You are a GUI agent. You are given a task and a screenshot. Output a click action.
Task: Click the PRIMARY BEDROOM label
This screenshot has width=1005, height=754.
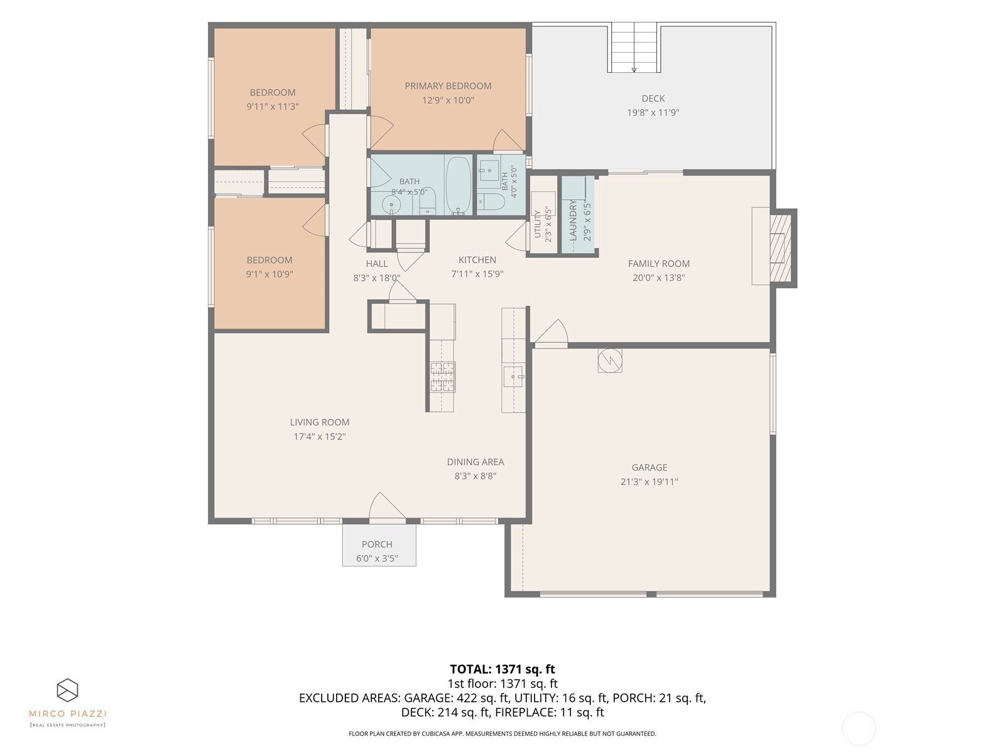[x=448, y=86]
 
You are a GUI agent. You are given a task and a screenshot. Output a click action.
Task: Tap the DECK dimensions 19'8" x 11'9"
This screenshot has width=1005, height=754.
[x=653, y=112]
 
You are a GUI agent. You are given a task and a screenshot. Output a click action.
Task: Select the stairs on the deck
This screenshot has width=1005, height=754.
[x=634, y=48]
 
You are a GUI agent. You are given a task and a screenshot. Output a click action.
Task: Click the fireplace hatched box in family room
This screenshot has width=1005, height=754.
[x=780, y=248]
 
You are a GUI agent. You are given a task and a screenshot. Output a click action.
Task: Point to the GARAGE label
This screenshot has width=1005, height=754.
[x=649, y=467]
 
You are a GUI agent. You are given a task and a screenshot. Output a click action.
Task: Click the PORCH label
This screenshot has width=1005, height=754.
[x=377, y=544]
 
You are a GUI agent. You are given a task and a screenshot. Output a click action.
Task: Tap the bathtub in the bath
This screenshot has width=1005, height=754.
[x=459, y=185]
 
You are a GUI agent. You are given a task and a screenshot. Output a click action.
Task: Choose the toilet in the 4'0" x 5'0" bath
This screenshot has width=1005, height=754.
[x=491, y=202]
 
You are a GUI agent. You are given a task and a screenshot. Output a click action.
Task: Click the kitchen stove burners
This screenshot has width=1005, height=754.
[x=442, y=377]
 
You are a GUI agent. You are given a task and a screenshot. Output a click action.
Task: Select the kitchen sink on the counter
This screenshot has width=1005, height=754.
[x=513, y=376]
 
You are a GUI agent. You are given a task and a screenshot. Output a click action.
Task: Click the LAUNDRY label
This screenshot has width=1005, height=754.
[x=573, y=220]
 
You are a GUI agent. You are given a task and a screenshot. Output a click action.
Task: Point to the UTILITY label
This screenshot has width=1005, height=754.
[x=538, y=224]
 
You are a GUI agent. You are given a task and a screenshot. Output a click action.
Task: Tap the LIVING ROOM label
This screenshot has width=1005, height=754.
[x=320, y=422]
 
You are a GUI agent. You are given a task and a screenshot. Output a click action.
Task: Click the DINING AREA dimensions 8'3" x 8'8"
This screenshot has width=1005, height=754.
[x=475, y=476]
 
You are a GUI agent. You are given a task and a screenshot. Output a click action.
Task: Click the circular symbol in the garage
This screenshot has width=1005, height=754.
[x=610, y=361]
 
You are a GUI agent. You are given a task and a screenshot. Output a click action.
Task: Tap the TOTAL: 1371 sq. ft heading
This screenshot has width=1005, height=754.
[x=503, y=669]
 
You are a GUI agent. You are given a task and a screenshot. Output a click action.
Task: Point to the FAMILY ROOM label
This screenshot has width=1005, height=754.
[x=658, y=264]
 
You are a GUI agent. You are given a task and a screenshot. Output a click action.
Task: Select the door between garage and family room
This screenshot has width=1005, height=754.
[x=551, y=334]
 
